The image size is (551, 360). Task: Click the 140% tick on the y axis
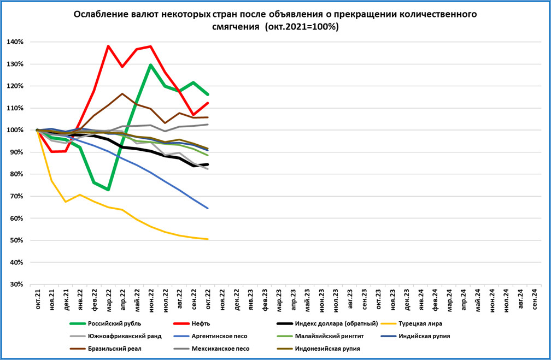click(15, 42)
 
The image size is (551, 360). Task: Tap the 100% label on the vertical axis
click(15, 130)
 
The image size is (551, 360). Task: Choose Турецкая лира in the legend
click(419, 323)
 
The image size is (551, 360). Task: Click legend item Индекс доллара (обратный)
click(336, 323)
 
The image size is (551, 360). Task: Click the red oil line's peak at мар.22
click(108, 46)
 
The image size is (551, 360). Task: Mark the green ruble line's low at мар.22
click(108, 190)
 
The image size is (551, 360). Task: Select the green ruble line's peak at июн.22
click(151, 65)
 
